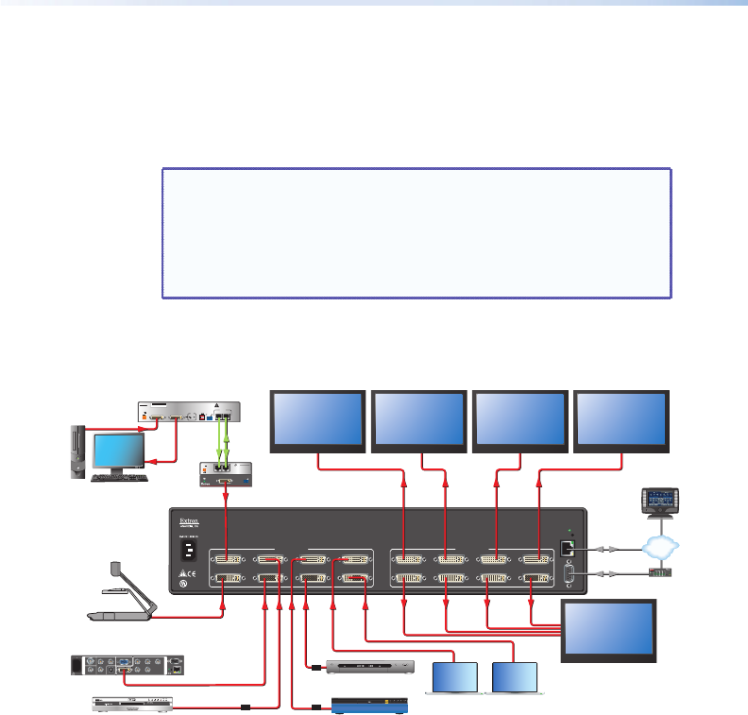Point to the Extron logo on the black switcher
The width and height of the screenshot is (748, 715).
coord(189,519)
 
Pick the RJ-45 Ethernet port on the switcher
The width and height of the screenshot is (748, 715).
coord(568,547)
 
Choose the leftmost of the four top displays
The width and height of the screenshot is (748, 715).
coord(317,419)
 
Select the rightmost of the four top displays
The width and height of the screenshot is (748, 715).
coord(621,419)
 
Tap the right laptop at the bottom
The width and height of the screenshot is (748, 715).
coord(515,678)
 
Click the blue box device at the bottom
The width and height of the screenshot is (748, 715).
coord(371,705)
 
